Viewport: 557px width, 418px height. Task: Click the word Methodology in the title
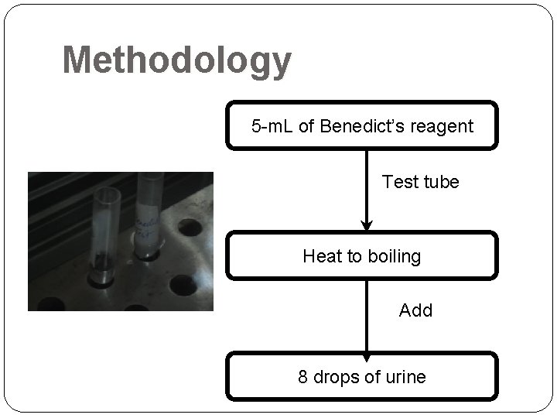[176, 60]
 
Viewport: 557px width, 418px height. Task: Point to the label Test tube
[420, 182]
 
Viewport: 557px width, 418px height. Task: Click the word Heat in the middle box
[320, 256]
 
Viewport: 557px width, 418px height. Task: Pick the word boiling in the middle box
[393, 256]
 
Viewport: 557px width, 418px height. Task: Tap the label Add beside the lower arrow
[415, 310]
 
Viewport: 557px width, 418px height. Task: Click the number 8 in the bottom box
[303, 377]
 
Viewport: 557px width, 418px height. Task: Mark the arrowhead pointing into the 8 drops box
[367, 355]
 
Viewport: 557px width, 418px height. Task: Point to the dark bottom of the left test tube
[101, 272]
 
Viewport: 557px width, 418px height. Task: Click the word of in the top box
[306, 126]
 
